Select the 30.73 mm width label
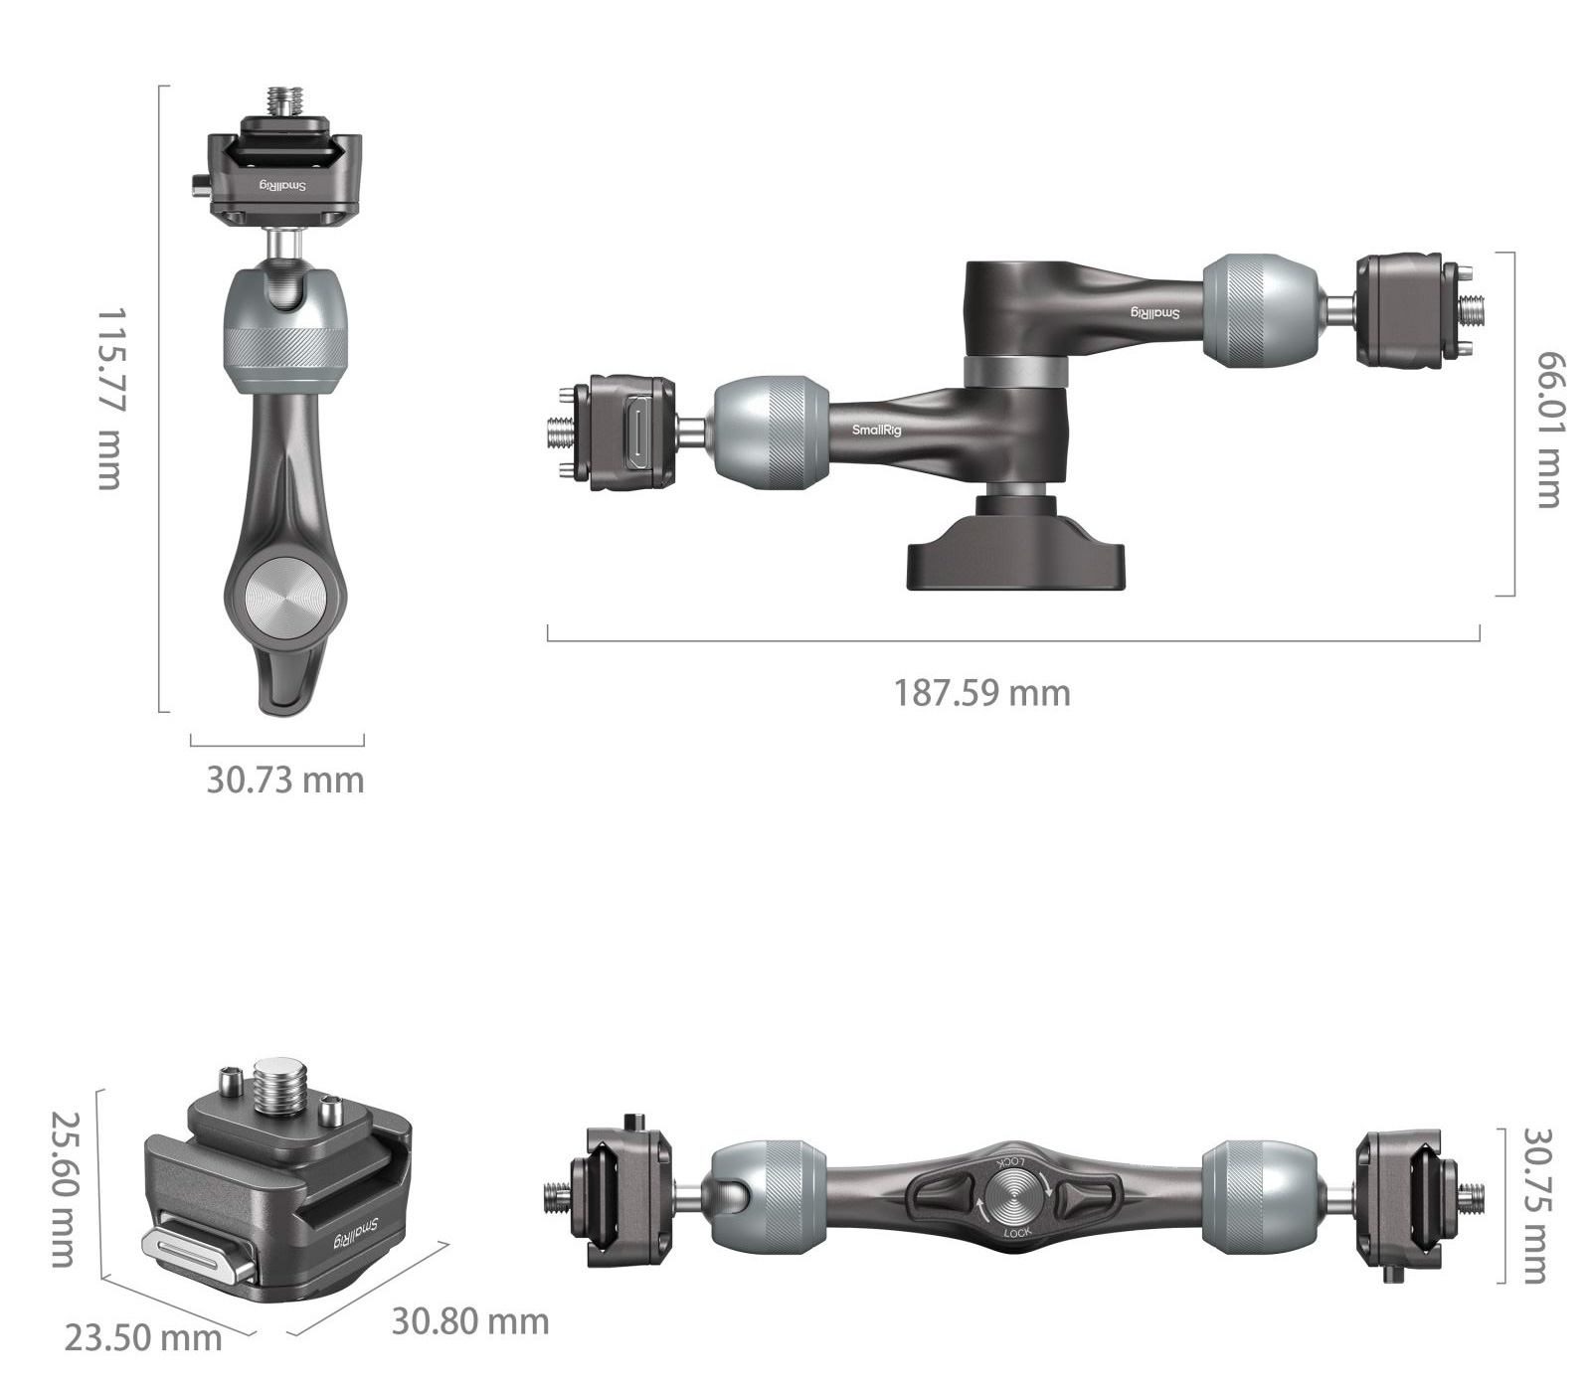(285, 780)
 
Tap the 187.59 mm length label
(981, 693)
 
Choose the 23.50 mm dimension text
(143, 1337)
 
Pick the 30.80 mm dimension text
(469, 1321)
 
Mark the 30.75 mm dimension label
(1536, 1205)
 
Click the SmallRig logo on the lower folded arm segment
(872, 430)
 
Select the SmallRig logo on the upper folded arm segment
(1154, 312)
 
